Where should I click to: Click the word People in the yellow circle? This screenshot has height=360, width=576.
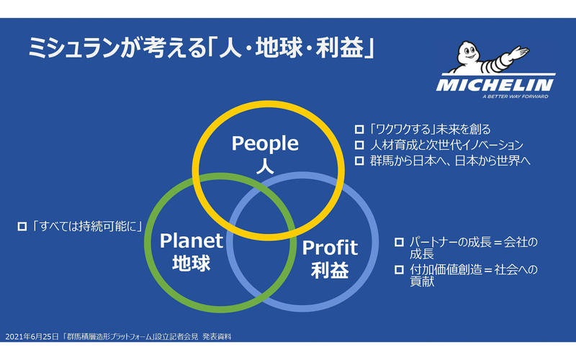coord(265,143)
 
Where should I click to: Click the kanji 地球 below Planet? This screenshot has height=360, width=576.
coord(192,264)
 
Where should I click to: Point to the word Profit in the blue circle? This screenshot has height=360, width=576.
coord(330,248)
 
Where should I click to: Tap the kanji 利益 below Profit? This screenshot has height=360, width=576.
coord(330,271)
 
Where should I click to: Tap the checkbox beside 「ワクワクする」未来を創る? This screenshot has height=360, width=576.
coord(359,130)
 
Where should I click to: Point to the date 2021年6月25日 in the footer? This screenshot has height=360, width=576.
coord(30,336)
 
